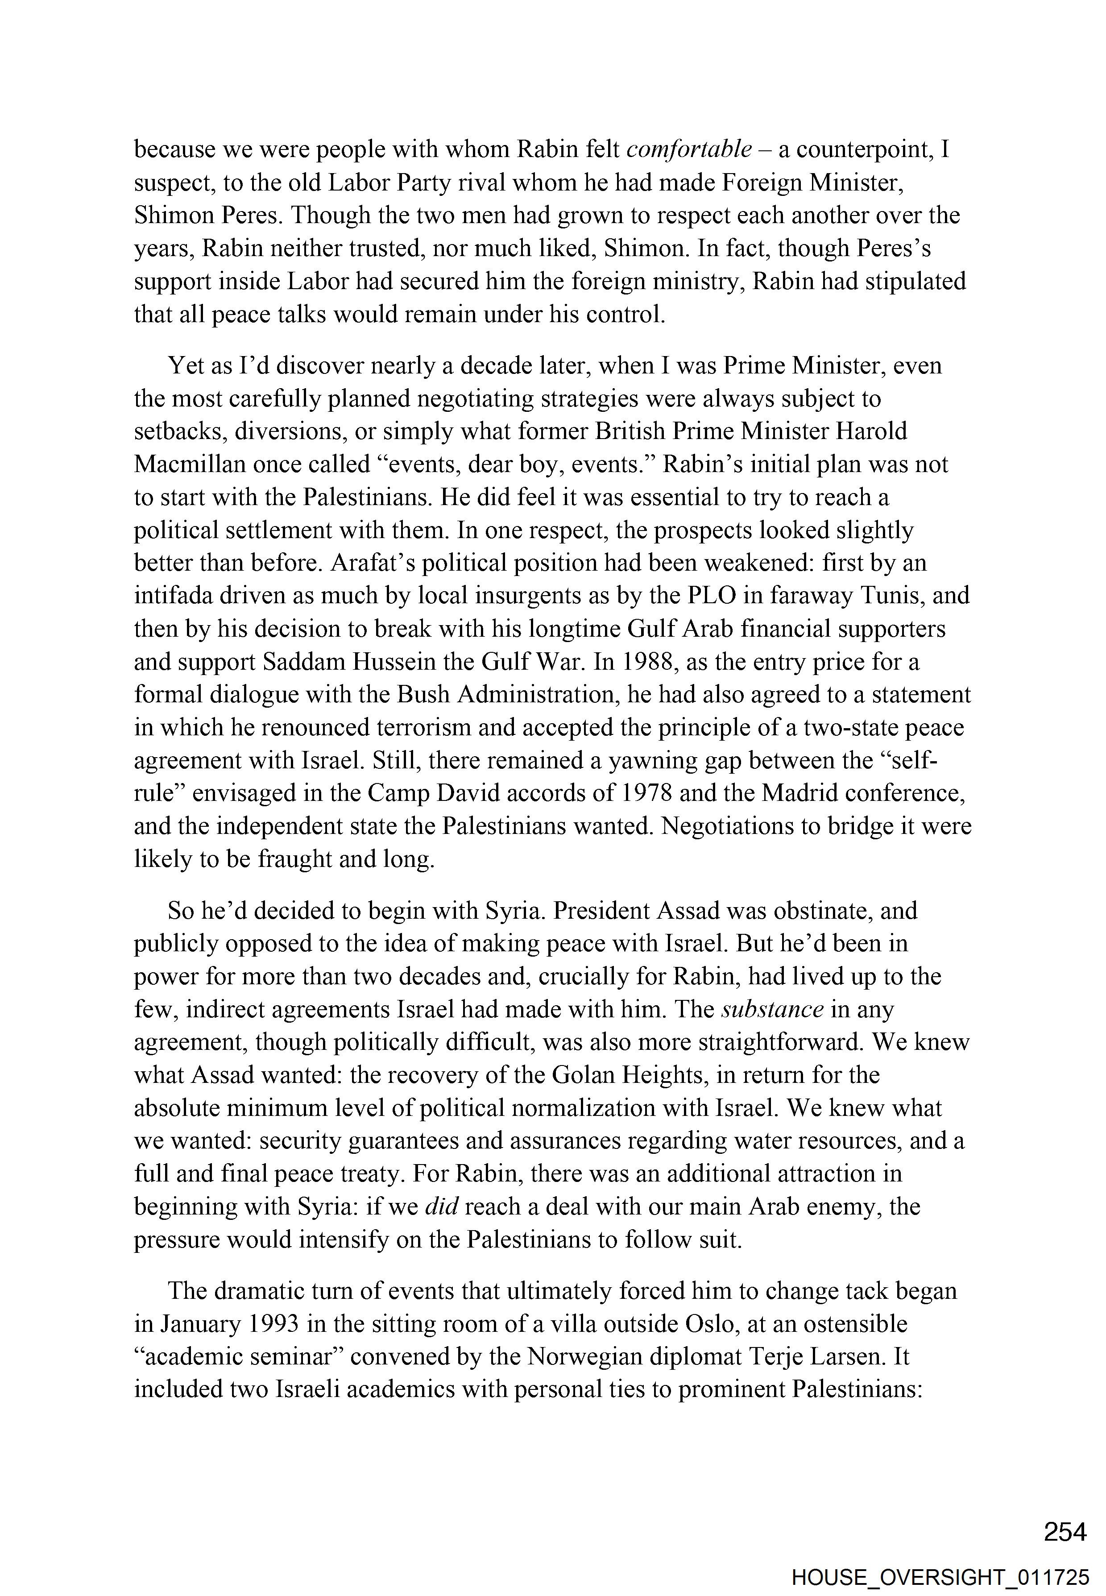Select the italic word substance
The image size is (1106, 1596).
(x=772, y=1010)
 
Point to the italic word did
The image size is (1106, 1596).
(x=441, y=1206)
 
